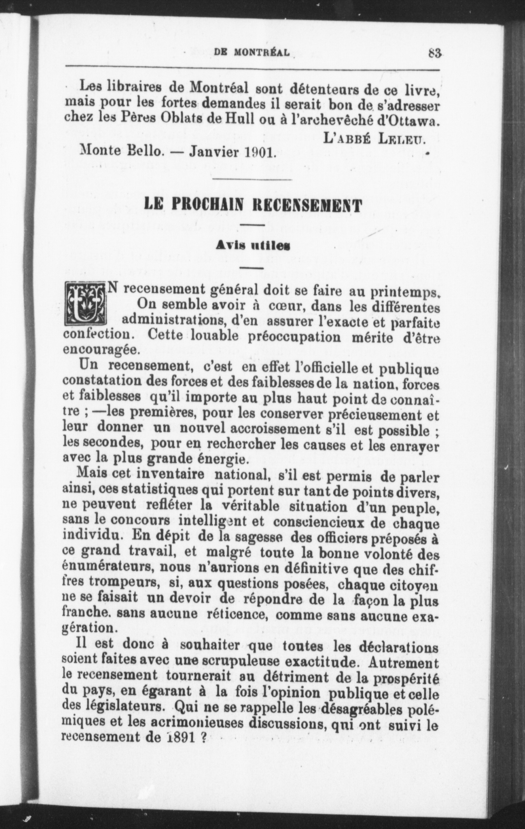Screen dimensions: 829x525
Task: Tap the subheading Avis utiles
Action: point(253,246)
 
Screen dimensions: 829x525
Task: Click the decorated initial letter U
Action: point(86,304)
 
